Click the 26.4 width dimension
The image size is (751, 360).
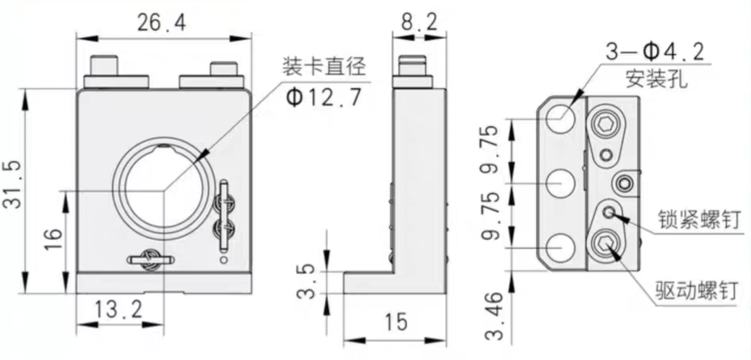[161, 23]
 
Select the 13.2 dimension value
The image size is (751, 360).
[118, 310]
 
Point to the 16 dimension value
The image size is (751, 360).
[54, 239]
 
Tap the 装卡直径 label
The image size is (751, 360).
[324, 68]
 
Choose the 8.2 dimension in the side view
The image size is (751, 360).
[419, 22]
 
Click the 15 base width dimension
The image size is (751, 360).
[395, 322]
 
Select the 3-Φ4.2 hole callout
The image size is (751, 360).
[655, 52]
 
